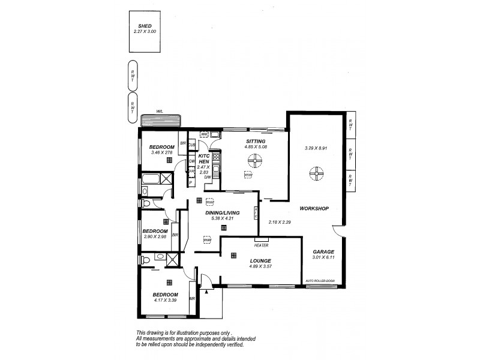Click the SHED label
click(145, 26)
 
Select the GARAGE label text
click(323, 252)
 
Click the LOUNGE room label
click(260, 260)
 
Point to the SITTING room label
click(255, 140)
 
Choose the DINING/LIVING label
click(223, 213)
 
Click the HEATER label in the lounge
click(261, 245)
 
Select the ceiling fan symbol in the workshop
click(316, 175)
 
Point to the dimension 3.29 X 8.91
click(316, 148)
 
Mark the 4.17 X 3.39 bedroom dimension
click(165, 299)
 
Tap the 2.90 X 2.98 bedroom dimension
click(155, 237)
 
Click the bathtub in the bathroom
click(155, 179)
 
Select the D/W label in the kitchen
click(208, 177)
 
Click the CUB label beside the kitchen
click(192, 145)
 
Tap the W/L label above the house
click(160, 111)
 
